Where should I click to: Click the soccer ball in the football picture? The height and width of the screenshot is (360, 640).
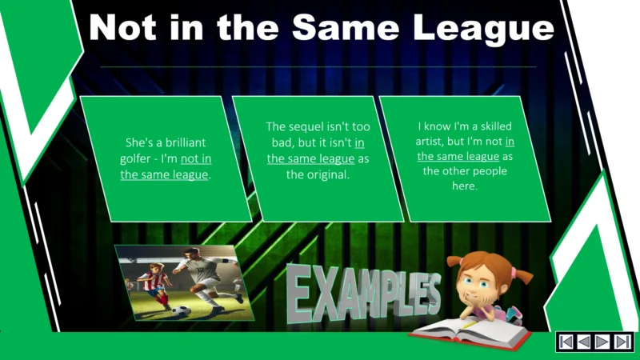point(182,310)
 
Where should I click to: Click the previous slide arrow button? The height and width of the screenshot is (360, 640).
point(585,342)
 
